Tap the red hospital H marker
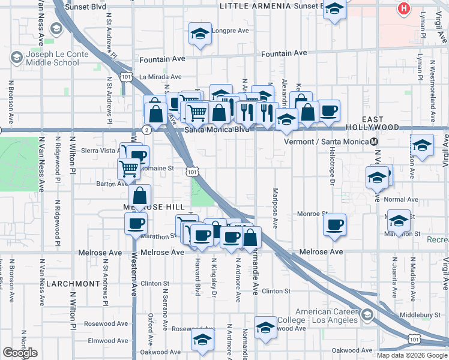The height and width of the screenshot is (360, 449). point(404,9)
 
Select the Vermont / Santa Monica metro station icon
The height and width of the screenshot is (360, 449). point(374,142)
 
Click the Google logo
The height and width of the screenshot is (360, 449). point(20,353)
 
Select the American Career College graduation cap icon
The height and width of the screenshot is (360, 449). point(367,314)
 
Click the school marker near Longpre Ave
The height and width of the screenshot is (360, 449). point(200,34)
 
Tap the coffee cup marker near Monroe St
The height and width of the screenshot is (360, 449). point(334,225)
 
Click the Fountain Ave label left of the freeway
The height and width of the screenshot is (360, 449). point(163,60)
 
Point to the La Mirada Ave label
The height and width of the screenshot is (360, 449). point(160,77)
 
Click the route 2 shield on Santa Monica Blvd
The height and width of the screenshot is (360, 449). point(146,129)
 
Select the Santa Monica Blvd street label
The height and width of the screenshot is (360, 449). point(217,129)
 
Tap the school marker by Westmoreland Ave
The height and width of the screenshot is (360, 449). point(422,146)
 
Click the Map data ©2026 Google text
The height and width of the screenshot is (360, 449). point(411,355)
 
